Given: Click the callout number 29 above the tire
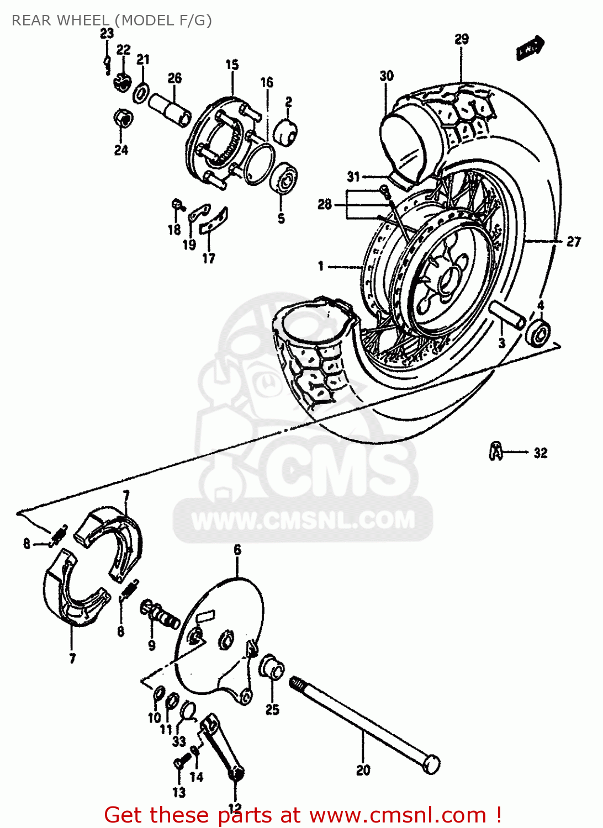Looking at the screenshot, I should (x=462, y=39).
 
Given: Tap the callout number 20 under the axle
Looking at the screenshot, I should (x=363, y=770).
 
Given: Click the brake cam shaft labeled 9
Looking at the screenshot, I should (x=160, y=614).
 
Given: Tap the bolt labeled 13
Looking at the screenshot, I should (x=179, y=763).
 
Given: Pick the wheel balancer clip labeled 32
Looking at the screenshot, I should (x=496, y=452).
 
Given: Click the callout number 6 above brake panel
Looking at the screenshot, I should (x=237, y=550).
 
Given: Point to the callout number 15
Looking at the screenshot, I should (x=232, y=65).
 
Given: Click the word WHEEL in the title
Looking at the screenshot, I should (x=83, y=20).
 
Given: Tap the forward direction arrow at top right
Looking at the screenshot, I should (x=531, y=49).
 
